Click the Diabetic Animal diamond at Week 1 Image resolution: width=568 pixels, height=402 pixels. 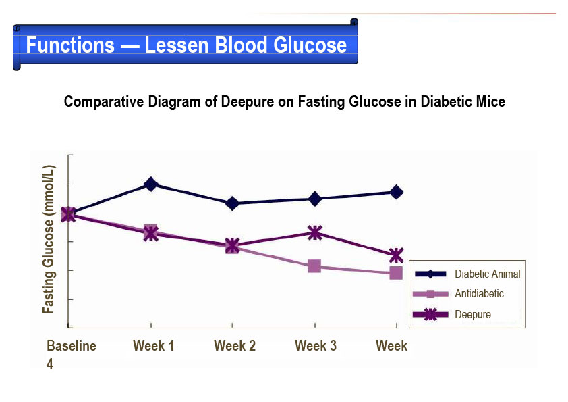(x=150, y=184)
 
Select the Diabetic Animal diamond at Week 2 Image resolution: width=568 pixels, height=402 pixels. (x=232, y=203)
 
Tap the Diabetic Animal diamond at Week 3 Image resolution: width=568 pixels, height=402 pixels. (x=314, y=199)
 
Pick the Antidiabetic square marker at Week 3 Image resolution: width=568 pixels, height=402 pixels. (x=314, y=266)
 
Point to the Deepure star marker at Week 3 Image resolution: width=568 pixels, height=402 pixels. (x=314, y=233)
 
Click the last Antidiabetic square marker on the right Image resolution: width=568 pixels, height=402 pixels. (x=396, y=273)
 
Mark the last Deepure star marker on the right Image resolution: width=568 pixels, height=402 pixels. (x=396, y=255)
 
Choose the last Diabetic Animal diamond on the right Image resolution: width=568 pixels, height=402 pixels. (x=397, y=192)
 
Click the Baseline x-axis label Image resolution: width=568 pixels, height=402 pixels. (x=72, y=346)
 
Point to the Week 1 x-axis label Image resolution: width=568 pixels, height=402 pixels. (x=154, y=346)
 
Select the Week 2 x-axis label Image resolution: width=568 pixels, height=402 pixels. (x=235, y=346)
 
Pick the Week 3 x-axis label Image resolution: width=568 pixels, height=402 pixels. (x=316, y=346)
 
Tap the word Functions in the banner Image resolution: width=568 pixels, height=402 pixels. (x=70, y=46)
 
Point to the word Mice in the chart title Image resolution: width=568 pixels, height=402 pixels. (x=490, y=102)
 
